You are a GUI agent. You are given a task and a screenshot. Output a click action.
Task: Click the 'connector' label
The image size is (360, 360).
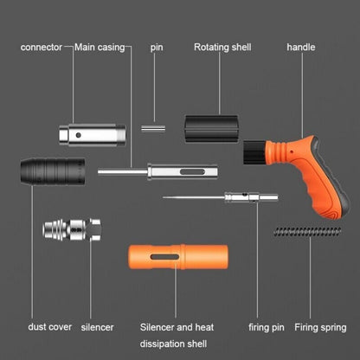[x=41, y=47]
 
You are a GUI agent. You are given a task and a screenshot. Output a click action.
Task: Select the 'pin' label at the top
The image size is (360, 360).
[x=156, y=47]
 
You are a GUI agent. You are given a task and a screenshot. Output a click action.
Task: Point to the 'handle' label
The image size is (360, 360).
[x=300, y=47]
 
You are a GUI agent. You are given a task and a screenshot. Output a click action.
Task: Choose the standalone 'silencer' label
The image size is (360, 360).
[x=97, y=328]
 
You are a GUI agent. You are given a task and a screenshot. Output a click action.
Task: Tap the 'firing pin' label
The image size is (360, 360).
[x=267, y=328]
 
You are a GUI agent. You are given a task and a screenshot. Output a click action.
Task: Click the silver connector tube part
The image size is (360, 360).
[x=87, y=135]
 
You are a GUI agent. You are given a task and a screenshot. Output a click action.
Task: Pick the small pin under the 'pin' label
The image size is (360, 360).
[x=153, y=128]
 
